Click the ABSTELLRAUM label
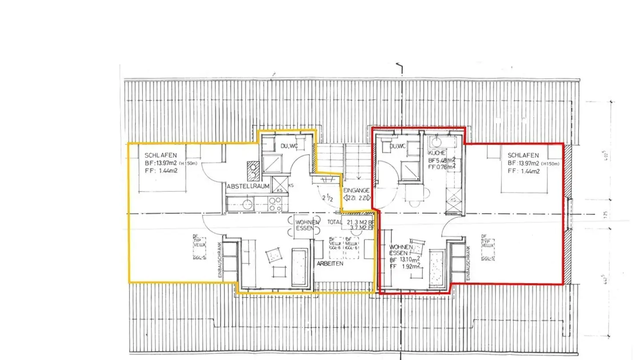(x=248, y=187)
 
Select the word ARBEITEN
(x=330, y=264)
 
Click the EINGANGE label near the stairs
(x=356, y=190)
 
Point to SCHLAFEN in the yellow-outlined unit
(x=161, y=156)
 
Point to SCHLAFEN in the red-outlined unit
(x=523, y=156)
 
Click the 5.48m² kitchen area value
(x=445, y=160)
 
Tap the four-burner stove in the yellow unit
(x=275, y=204)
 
